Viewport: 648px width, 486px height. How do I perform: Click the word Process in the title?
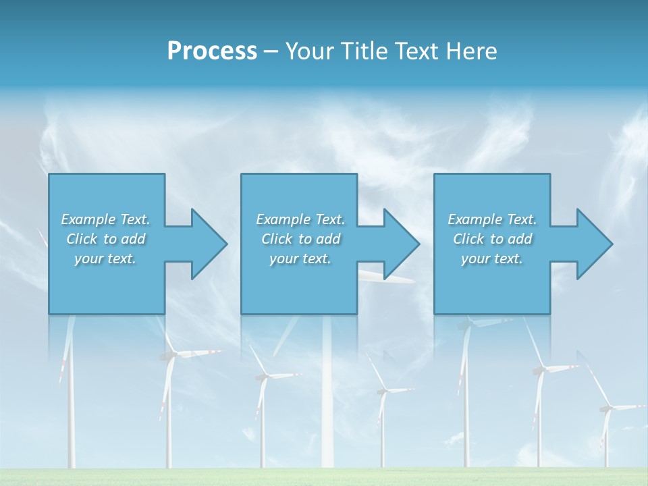212,51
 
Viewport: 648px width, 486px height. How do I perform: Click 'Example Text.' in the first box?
106,219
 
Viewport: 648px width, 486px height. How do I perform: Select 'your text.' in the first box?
106,259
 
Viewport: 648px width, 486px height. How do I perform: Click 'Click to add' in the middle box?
301,239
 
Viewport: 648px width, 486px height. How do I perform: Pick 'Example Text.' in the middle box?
301,219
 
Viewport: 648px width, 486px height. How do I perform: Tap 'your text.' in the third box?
493,259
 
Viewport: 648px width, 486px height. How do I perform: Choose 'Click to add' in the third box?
493,239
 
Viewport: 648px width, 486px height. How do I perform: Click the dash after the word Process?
271,51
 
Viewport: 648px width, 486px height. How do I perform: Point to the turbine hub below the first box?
170,354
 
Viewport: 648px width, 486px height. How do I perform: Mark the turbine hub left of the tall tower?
263,377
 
